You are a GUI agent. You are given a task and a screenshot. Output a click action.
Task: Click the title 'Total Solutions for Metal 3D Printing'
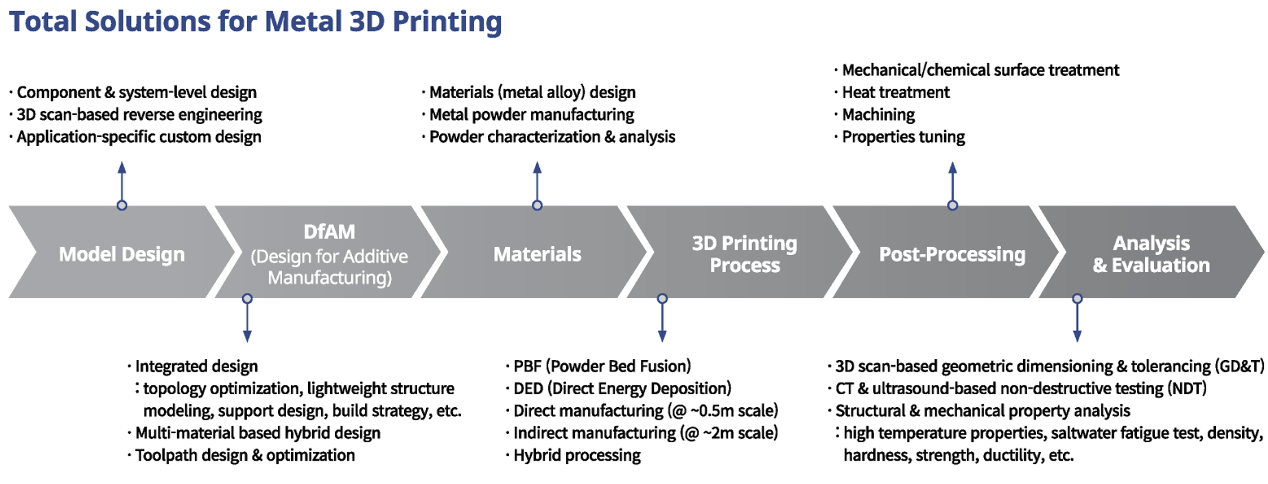click(x=255, y=22)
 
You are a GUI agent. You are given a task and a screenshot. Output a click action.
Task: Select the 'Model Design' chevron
click(x=121, y=252)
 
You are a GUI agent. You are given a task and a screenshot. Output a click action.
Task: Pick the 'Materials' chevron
click(x=537, y=252)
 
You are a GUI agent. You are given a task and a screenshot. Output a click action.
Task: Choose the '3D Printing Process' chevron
click(x=744, y=252)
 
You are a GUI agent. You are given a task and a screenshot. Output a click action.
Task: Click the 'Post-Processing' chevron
click(x=952, y=252)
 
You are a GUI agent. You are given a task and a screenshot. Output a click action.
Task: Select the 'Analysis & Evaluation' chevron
click(x=1151, y=252)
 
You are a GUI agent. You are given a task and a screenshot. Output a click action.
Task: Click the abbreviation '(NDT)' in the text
click(x=1185, y=389)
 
